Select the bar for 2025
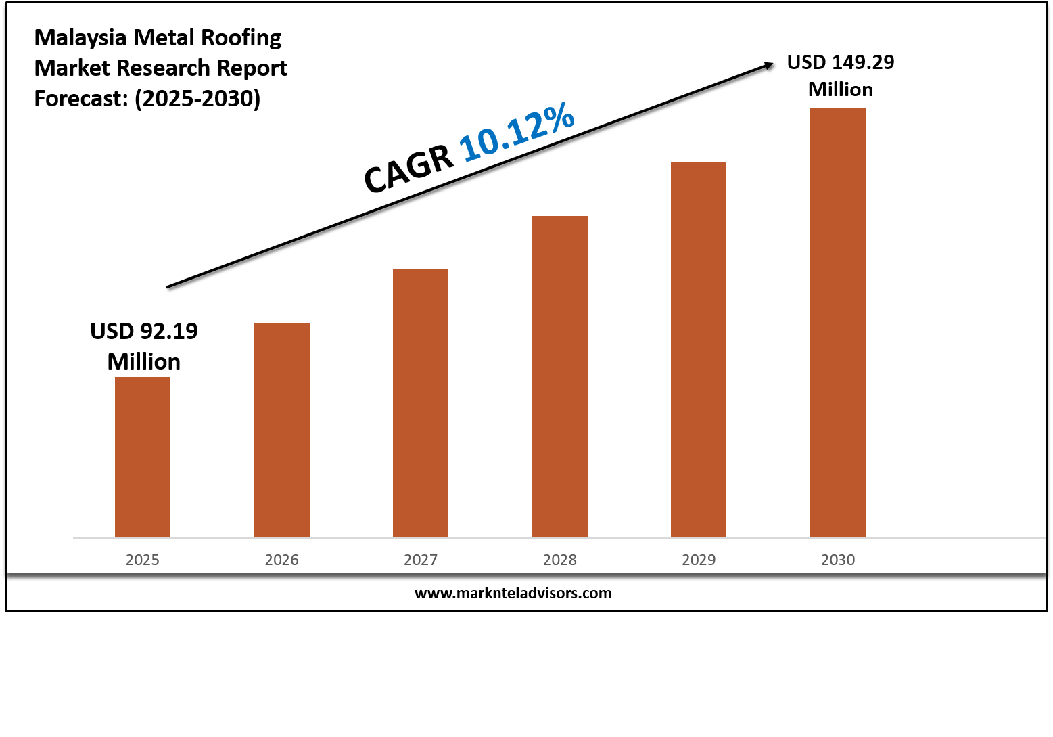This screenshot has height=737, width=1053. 143,457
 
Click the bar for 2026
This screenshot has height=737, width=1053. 281,430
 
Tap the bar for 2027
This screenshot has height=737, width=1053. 421,403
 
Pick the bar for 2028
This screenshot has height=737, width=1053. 560,376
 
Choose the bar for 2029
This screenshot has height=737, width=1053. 699,349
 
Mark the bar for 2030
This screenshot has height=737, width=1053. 838,323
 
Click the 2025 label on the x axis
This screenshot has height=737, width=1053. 143,560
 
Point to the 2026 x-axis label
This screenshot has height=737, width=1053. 281,560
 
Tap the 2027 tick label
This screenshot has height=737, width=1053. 421,560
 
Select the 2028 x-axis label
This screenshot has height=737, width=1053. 560,560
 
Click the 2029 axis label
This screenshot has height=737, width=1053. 699,560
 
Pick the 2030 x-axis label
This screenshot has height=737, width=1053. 838,560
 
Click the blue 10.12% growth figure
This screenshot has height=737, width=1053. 517,133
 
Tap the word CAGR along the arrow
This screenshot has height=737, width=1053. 408,169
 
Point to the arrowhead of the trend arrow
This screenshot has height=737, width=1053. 768,65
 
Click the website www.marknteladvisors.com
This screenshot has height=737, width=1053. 513,594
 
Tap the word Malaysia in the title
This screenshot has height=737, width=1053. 80,38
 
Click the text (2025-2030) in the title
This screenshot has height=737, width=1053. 197,99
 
